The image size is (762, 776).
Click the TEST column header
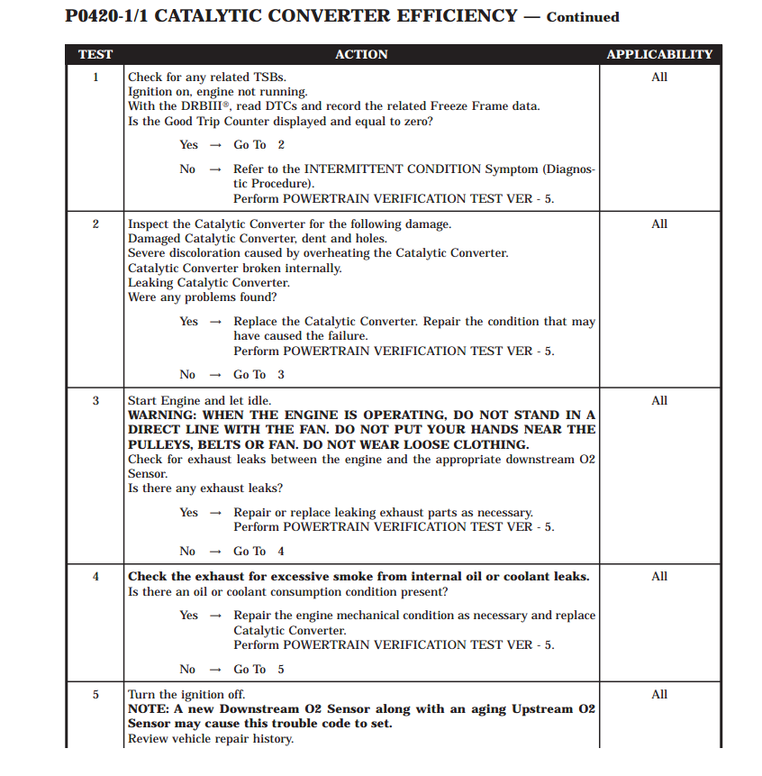point(95,54)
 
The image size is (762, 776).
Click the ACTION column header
point(361,54)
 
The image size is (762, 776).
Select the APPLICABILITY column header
point(659,54)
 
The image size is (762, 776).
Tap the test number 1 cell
point(95,78)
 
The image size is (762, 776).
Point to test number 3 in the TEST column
point(95,401)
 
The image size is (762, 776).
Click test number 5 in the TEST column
point(95,695)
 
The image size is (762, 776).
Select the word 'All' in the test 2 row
point(659,224)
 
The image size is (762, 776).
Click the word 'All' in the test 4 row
point(659,577)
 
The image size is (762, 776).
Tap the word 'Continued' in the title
point(583,17)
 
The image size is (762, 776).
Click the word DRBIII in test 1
point(206,106)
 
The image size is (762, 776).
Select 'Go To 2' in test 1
point(259,145)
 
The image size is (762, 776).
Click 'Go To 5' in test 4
point(259,670)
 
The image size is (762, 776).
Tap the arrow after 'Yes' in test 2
point(215,322)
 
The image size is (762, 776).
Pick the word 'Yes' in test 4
point(188,616)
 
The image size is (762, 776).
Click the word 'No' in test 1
point(187,169)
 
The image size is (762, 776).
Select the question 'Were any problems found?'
point(203,297)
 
